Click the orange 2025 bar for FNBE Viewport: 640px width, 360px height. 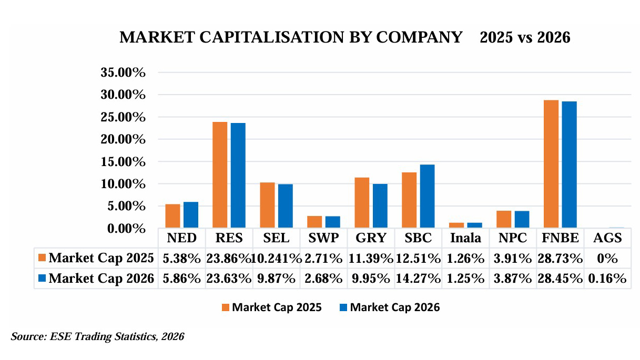pyautogui.click(x=551, y=164)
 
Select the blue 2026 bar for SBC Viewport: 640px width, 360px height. pyautogui.click(x=427, y=197)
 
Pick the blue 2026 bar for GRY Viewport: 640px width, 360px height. pyautogui.click(x=380, y=206)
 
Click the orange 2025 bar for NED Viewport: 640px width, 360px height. pyautogui.click(x=172, y=216)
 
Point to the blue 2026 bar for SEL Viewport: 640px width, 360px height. pyautogui.click(x=285, y=206)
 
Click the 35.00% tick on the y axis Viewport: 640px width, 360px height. pyautogui.click(x=123, y=73)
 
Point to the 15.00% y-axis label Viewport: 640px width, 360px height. pyautogui.click(x=123, y=162)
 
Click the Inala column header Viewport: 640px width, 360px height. pyautogui.click(x=465, y=238)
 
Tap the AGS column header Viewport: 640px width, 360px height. pyautogui.click(x=607, y=238)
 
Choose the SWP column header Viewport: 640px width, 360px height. pyautogui.click(x=323, y=238)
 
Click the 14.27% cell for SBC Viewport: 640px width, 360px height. pyautogui.click(x=418, y=279)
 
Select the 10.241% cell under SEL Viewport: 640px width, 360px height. pyautogui.click(x=277, y=258)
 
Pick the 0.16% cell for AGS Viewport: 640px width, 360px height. pyautogui.click(x=607, y=279)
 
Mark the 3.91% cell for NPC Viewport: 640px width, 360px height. pyautogui.click(x=513, y=258)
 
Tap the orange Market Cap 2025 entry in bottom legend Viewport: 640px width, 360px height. pyautogui.click(x=271, y=307)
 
